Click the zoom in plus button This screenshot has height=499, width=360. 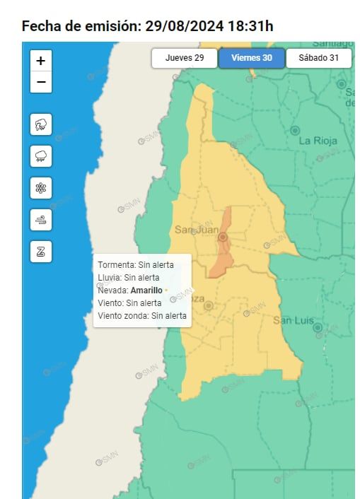tap(41, 61)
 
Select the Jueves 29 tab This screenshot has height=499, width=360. tap(185, 58)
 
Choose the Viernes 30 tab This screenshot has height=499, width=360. tap(252, 58)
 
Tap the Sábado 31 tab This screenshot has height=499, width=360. tap(318, 58)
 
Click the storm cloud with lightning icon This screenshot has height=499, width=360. tap(41, 125)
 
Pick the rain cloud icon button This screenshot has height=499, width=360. tap(41, 156)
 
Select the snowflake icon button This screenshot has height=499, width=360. tap(41, 188)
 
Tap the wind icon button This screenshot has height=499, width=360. tap(41, 220)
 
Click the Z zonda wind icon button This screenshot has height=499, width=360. tap(41, 252)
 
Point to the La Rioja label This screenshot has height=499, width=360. tap(318, 141)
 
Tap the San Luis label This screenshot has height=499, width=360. tap(293, 321)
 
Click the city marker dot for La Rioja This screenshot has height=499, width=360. tap(295, 131)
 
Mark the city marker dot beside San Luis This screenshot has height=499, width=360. tap(318, 328)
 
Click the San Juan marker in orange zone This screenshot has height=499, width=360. tap(223, 237)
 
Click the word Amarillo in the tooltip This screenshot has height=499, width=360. tap(146, 290)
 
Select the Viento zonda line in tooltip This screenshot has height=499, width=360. tap(142, 316)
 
